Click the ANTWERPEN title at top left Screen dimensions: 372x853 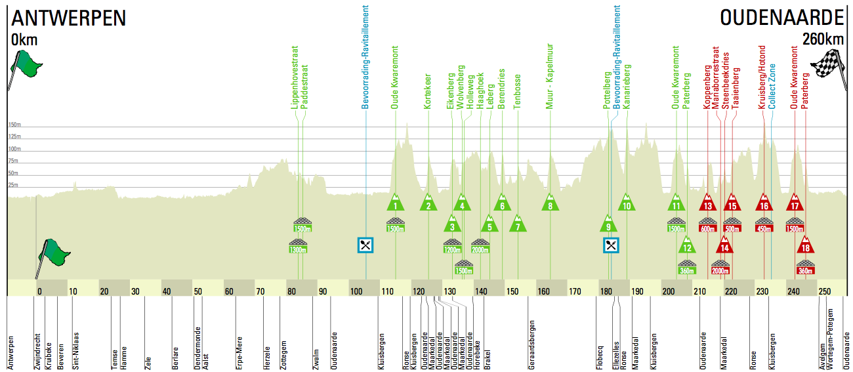68,18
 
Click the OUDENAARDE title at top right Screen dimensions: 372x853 781,18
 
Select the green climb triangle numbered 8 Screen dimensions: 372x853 551,203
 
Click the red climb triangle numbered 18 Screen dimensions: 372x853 806,246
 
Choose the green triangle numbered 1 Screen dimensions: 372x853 396,203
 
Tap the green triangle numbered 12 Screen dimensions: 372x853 686,246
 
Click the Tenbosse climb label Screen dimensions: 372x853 518,91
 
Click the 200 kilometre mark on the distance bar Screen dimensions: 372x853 669,291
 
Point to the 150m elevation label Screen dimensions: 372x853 14,124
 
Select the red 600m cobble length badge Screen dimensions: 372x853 707,228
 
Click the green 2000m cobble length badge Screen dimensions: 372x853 480,249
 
